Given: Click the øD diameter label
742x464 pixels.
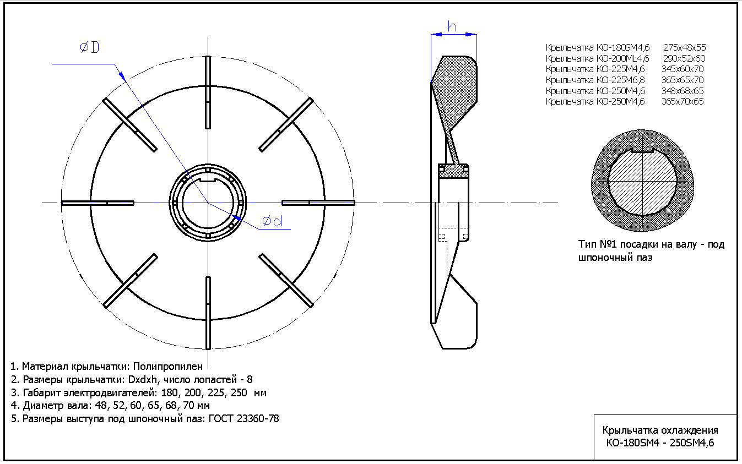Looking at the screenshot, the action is click(89, 47).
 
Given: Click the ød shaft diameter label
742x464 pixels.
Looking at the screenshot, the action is click(272, 221).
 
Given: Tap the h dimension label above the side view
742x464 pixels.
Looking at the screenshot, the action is click(452, 26).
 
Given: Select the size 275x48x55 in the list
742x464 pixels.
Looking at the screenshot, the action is click(685, 47).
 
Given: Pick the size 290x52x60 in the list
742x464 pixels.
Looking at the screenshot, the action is click(684, 58).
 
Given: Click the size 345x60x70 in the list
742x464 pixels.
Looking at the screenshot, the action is click(683, 69).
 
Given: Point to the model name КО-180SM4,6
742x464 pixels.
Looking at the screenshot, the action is click(623, 48).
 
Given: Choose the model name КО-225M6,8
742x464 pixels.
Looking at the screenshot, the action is click(620, 80).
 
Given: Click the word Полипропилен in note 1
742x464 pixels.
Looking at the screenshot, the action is click(167, 367).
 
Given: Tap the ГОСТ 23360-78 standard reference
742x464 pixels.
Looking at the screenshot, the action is click(243, 419).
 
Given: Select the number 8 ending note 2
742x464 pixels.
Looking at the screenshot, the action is click(250, 379).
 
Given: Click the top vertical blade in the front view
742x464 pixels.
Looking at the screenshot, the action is click(208, 92).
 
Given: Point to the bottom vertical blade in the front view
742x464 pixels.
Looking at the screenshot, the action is click(208, 313).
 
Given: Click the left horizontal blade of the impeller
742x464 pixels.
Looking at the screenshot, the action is click(98, 203).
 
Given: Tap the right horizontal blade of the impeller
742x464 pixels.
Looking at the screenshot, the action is click(318, 203).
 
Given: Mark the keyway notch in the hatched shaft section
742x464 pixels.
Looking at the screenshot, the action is click(642, 151).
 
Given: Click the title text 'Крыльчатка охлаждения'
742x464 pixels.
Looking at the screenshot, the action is click(660, 430).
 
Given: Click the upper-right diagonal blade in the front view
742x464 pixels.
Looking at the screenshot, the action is click(286, 124).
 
